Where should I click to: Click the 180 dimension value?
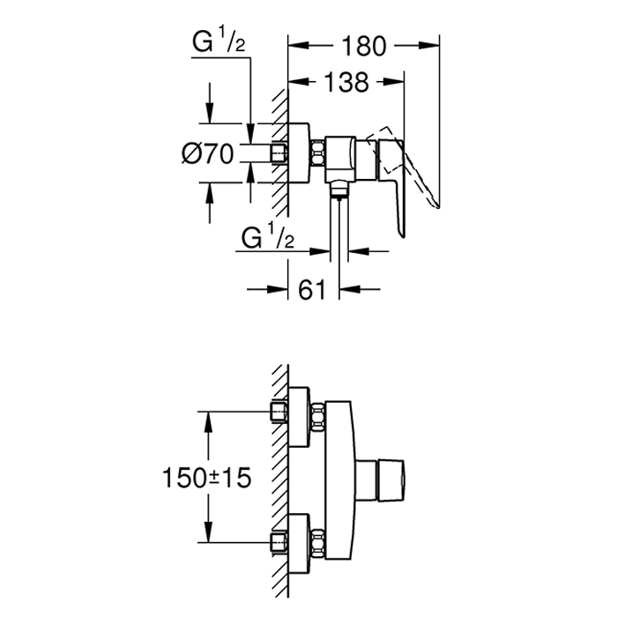click(x=364, y=46)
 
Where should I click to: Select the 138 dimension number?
click(x=346, y=82)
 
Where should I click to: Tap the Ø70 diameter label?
click(x=208, y=153)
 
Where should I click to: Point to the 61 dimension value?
click(x=312, y=290)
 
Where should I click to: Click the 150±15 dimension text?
click(x=207, y=478)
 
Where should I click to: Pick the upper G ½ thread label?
click(x=219, y=42)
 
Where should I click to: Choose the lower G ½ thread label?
click(x=268, y=236)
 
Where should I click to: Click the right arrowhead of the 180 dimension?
click(x=428, y=46)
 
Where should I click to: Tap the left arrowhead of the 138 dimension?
click(x=299, y=81)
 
